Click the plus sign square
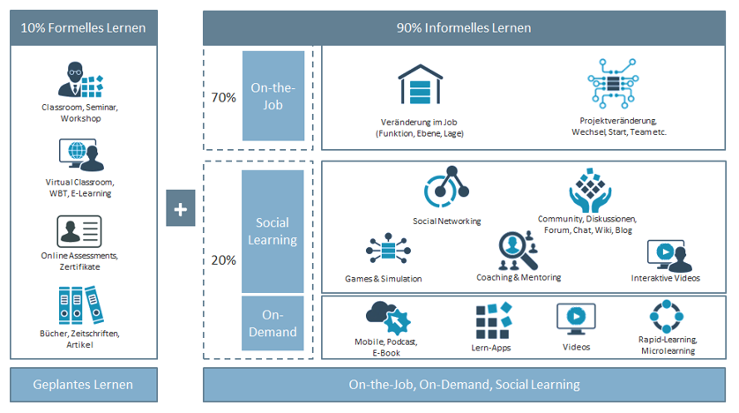(x=181, y=208)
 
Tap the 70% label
(x=223, y=98)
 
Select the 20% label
(x=223, y=260)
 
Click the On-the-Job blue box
(x=273, y=95)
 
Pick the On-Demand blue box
(x=272, y=323)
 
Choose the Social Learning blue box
(x=272, y=231)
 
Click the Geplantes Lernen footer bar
(x=84, y=385)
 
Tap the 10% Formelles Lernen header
(x=84, y=28)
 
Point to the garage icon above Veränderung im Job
(x=420, y=85)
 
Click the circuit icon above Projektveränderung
(x=613, y=84)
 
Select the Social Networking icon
(x=446, y=187)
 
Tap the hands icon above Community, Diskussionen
(x=590, y=191)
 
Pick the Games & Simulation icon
(x=388, y=249)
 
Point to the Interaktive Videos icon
(x=669, y=256)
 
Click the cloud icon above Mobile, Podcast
(x=388, y=318)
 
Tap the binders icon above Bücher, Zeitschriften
(x=81, y=305)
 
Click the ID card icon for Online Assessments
(x=79, y=231)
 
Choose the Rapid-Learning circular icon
(x=666, y=316)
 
